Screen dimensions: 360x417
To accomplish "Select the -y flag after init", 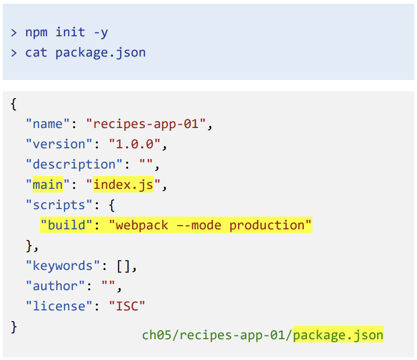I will [100, 32].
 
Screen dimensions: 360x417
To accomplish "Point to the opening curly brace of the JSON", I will [13, 104].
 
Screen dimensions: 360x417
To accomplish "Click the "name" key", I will [48, 124].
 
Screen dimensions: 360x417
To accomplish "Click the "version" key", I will [59, 145].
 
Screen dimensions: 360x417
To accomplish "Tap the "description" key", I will [75, 165].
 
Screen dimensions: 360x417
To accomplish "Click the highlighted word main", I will [48, 185].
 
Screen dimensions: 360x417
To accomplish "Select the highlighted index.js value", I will [123, 185].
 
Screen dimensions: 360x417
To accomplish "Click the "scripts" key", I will [59, 205].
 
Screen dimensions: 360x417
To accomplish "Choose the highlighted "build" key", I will [67, 226].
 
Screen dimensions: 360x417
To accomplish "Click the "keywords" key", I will [63, 266].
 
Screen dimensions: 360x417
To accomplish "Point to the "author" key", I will [56, 286].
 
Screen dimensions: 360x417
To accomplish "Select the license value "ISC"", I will [127, 307].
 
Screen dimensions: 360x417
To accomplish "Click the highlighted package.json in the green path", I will [339, 335].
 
